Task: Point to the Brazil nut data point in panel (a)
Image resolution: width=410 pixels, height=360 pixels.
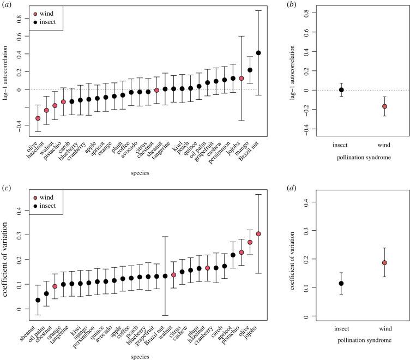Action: point(258,53)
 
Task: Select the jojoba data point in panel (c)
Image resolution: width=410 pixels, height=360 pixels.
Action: point(258,234)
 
